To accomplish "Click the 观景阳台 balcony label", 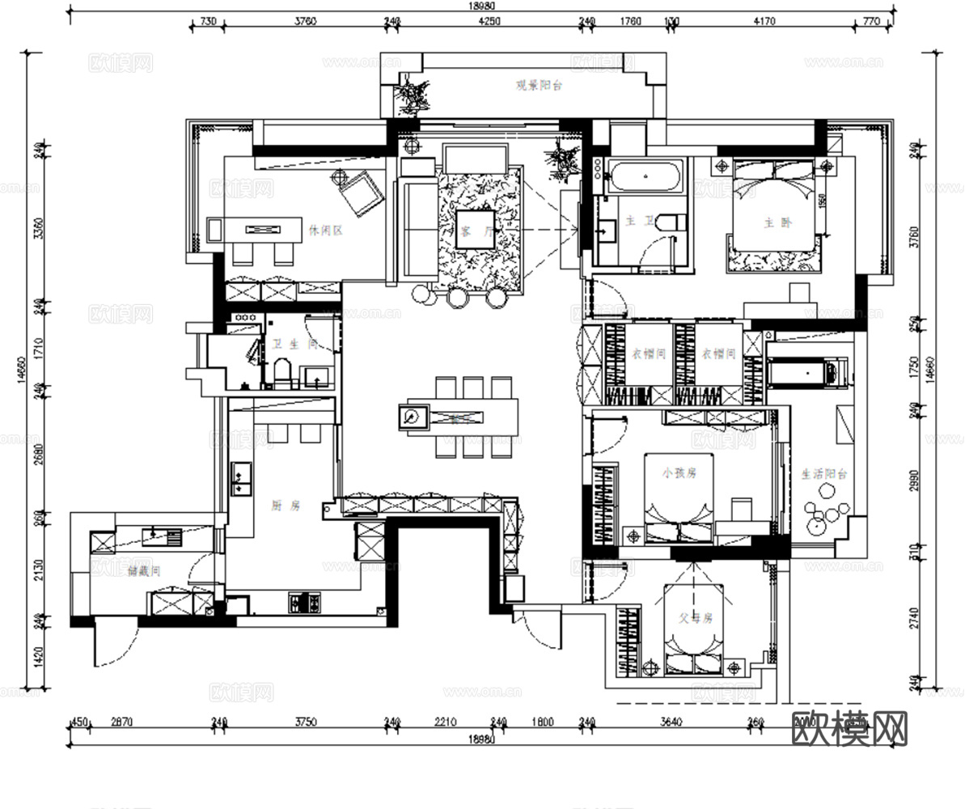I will [x=539, y=84].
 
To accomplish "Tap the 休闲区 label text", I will [x=326, y=231].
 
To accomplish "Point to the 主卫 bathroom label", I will [x=633, y=220].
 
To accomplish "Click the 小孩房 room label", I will [x=679, y=473].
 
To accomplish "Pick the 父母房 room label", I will [x=695, y=618].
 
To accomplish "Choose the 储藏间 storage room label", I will [x=145, y=570].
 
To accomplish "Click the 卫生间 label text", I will [x=293, y=345].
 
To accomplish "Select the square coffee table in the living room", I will [x=473, y=231].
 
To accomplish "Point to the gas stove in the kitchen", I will [x=304, y=602].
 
